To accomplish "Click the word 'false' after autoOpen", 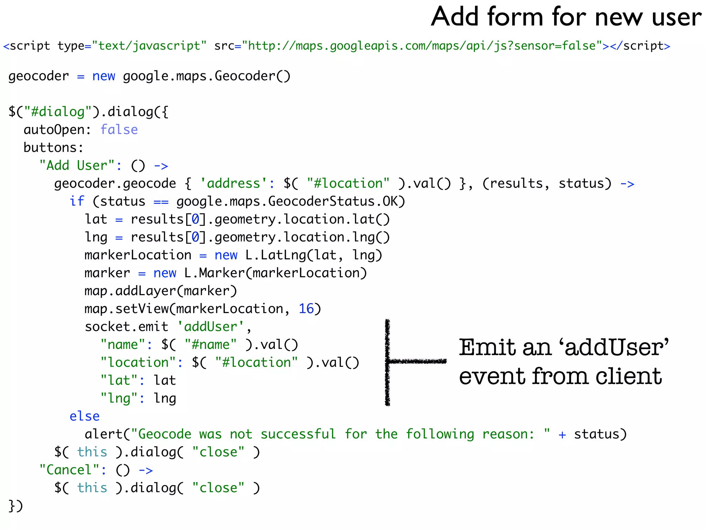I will [x=119, y=130].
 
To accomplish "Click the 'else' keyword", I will [x=84, y=416].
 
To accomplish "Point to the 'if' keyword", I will [x=77, y=201].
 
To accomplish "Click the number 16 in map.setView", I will [x=306, y=309].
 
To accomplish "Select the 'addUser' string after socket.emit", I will [x=210, y=327].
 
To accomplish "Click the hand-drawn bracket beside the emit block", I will [x=388, y=362].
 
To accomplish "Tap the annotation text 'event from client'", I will [x=560, y=376].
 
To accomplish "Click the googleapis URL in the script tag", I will [x=422, y=46].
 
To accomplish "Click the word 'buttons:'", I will [x=53, y=148].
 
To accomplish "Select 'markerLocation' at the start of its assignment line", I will [x=138, y=255].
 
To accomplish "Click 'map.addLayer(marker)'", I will [x=161, y=291].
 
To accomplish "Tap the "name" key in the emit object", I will [x=123, y=345].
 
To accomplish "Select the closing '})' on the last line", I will [x=15, y=506].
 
